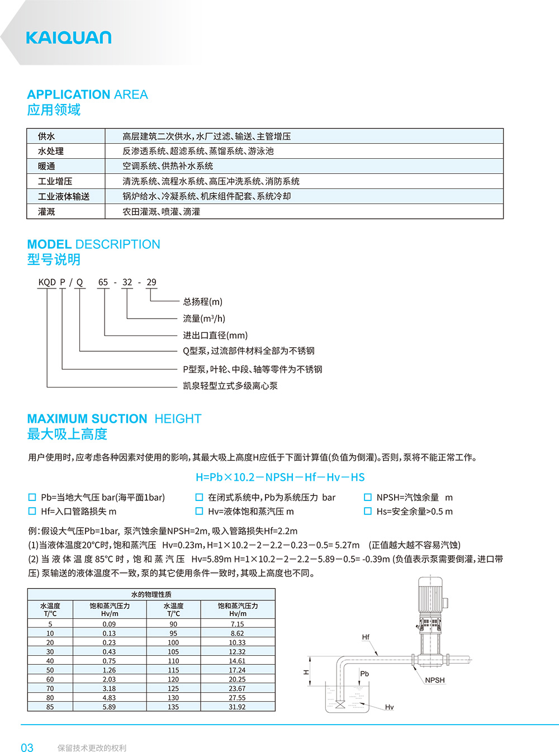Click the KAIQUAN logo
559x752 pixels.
(68, 37)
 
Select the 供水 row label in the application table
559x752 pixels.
(46, 136)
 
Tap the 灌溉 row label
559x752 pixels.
(46, 212)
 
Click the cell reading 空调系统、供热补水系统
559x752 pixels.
(168, 166)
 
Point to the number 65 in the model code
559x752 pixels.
(103, 282)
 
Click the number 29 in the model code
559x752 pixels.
(151, 282)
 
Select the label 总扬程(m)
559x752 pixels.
(202, 302)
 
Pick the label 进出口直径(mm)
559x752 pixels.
(215, 335)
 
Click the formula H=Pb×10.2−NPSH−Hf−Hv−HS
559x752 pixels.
(280, 477)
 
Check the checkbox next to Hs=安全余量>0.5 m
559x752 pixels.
(368, 511)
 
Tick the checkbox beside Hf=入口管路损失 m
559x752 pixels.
(32, 511)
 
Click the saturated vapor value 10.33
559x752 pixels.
(237, 642)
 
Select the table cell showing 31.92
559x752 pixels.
(237, 707)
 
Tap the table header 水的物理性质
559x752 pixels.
(151, 594)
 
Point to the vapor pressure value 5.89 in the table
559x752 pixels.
(109, 707)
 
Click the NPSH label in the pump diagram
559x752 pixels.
(434, 680)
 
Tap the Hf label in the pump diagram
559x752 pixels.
(366, 637)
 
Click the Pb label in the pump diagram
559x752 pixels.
(364, 674)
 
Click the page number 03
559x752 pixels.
(27, 748)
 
